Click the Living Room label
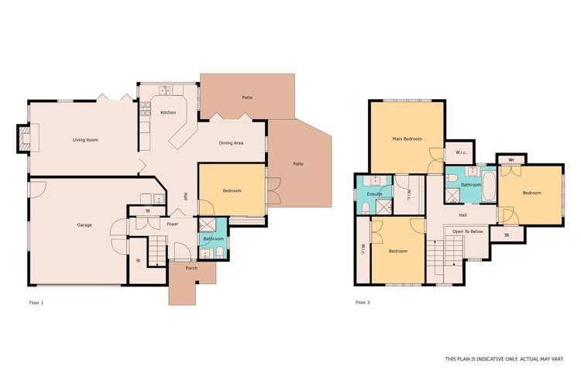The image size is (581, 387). click(84, 140)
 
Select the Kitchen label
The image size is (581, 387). click(168, 113)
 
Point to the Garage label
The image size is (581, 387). click(84, 225)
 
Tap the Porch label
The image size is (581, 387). click(191, 268)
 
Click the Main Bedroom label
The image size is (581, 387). click(407, 139)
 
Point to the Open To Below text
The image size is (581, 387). click(468, 231)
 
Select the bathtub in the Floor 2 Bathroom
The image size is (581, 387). click(488, 186)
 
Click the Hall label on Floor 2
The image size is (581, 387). click(462, 215)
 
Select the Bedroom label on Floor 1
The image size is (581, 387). click(232, 191)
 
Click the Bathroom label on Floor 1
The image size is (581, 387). click(212, 238)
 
